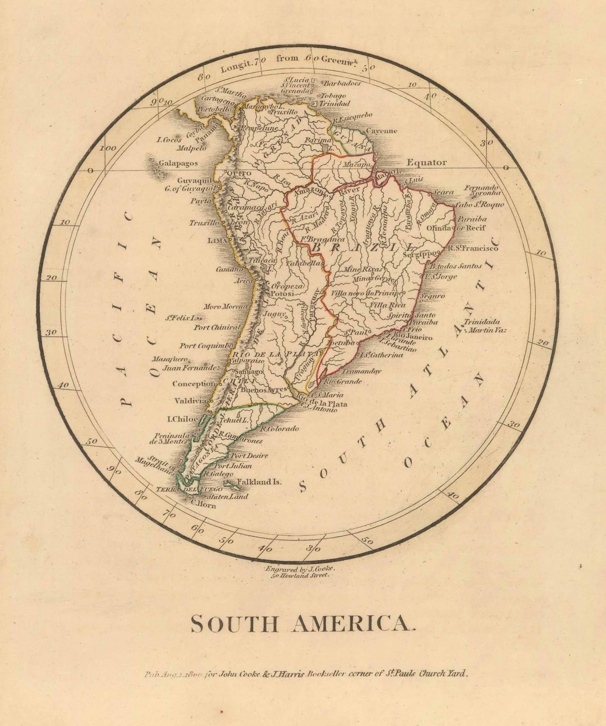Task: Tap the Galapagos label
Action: [x=178, y=163]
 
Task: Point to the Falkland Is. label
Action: [x=259, y=482]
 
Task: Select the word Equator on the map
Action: [x=426, y=162]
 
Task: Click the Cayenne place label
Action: [x=381, y=131]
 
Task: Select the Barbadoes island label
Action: [x=342, y=83]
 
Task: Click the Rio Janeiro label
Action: [x=413, y=337]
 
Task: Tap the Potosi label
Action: [x=283, y=294]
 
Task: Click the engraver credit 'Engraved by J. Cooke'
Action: [x=300, y=569]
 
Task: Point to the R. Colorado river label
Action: [x=279, y=428]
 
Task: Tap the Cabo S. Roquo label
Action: [x=479, y=205]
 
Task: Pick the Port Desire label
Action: [x=249, y=456]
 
